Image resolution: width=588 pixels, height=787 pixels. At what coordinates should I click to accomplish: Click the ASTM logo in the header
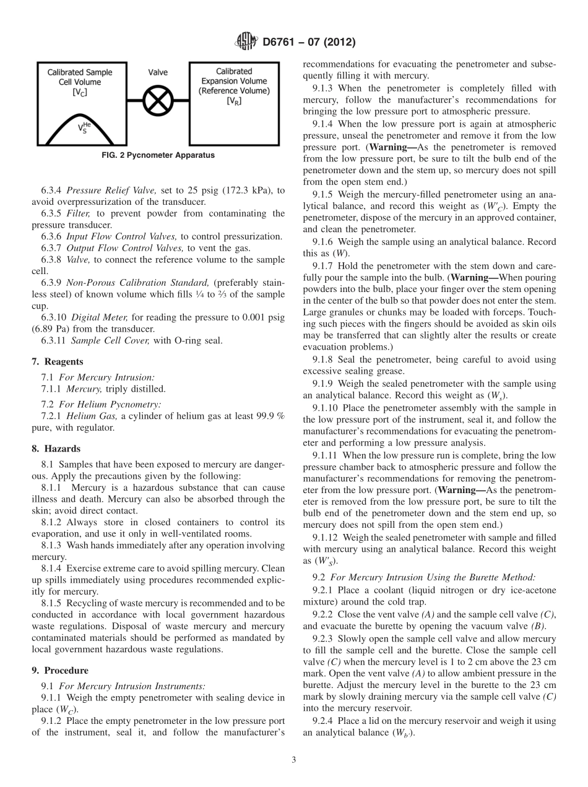(246, 43)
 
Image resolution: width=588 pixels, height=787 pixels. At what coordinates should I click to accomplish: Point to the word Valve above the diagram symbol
(158, 72)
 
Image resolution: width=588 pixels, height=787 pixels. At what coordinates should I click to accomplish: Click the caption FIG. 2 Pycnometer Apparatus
(158, 155)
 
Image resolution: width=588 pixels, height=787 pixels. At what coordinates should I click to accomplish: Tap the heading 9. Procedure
(59, 671)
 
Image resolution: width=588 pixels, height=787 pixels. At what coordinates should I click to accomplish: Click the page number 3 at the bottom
(293, 760)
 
